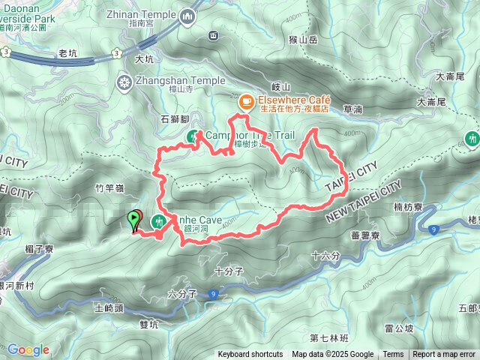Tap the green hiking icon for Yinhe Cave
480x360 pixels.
click(158, 221)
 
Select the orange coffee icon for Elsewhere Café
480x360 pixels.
click(245, 100)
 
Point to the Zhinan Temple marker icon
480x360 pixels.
click(187, 14)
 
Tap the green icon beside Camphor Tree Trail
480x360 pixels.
click(193, 136)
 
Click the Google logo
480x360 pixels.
click(28, 349)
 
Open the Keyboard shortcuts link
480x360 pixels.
click(250, 355)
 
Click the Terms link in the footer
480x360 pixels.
click(393, 355)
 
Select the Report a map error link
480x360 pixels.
click(445, 355)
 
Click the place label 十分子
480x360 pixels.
click(229, 271)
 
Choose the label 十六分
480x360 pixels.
click(325, 256)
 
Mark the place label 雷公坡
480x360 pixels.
click(399, 328)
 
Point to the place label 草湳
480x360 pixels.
click(352, 109)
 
